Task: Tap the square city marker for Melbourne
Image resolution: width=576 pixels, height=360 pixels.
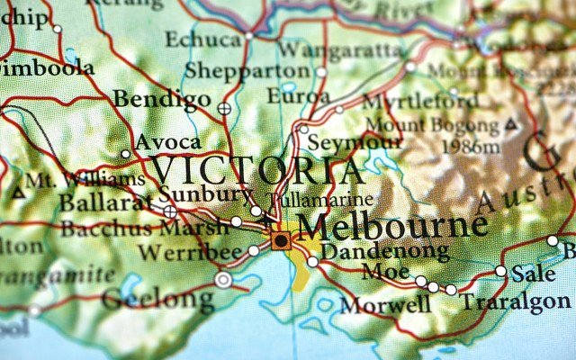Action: tap(282, 240)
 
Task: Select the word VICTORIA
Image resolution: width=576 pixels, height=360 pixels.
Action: tap(257, 171)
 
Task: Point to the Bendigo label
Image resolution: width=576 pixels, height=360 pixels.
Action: tap(162, 99)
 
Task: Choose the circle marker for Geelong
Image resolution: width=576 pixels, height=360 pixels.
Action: tap(223, 280)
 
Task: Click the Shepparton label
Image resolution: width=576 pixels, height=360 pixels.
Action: tap(248, 70)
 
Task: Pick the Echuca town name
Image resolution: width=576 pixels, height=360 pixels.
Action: tap(203, 40)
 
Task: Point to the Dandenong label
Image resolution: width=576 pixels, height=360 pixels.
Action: tap(385, 252)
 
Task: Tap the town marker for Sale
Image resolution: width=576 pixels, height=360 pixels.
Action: tap(500, 271)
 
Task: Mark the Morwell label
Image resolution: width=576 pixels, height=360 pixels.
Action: tap(385, 305)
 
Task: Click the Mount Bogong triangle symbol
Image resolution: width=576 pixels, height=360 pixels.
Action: tap(512, 122)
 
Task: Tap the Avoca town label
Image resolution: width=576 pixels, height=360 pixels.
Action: tap(167, 143)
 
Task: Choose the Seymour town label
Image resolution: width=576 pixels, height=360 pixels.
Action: tap(343, 142)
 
